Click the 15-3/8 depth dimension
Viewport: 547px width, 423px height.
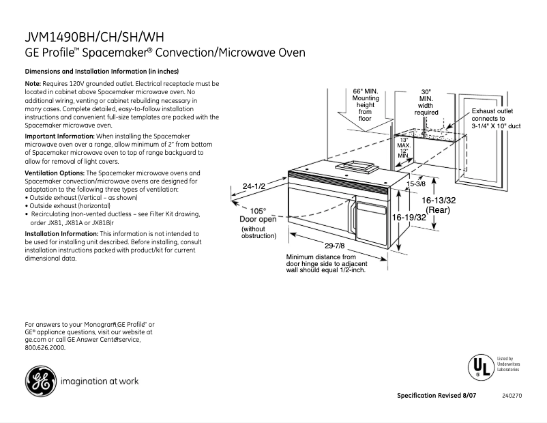(x=416, y=184)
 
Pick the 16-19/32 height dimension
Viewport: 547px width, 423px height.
(x=409, y=216)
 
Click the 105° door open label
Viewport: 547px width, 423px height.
(x=258, y=215)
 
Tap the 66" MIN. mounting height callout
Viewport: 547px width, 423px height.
(x=365, y=104)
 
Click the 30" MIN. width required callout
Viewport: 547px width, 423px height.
(x=426, y=102)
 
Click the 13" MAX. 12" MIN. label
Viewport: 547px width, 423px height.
(x=404, y=147)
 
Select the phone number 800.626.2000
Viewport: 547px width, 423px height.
(x=45, y=348)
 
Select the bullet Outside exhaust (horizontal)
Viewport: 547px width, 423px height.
(x=69, y=205)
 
